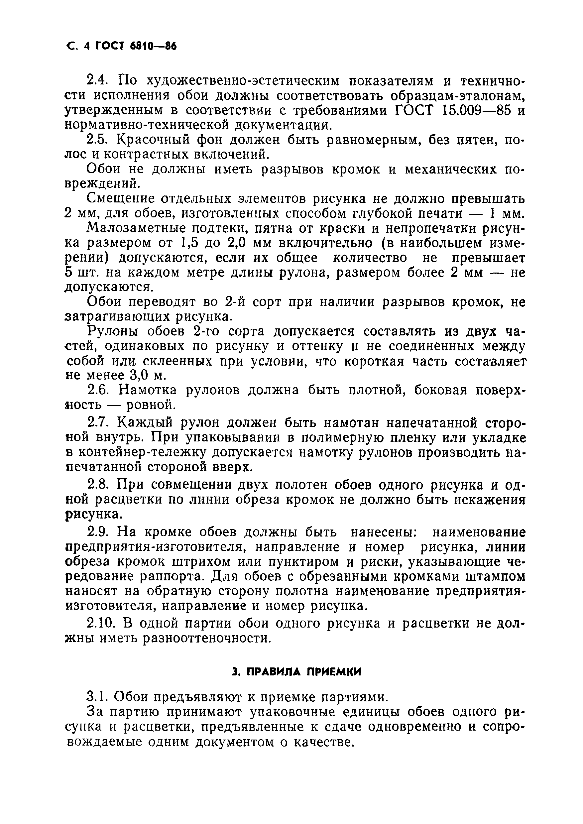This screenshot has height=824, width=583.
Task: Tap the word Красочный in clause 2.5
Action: [154, 140]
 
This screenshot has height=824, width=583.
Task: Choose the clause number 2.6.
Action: [97, 391]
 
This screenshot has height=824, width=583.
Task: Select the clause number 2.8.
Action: [97, 485]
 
